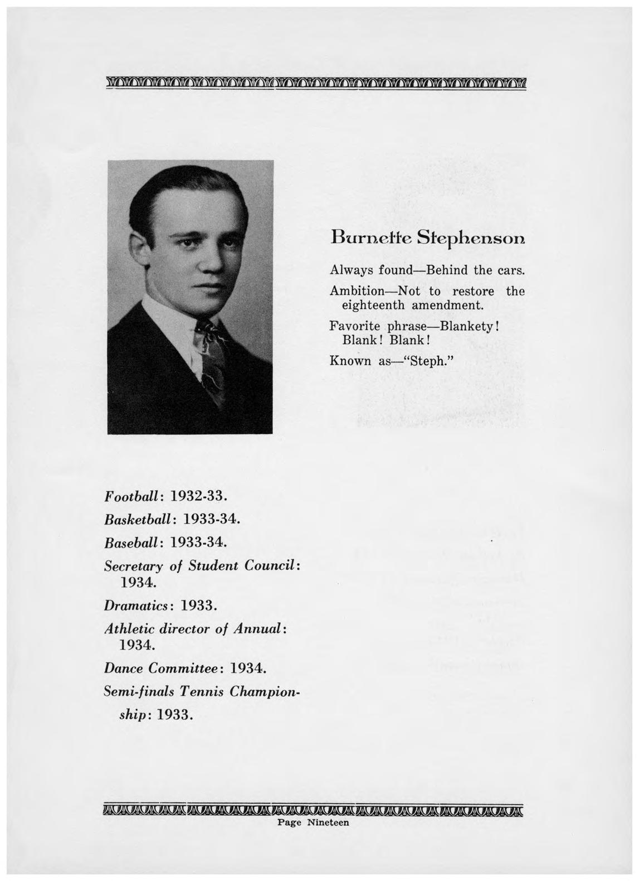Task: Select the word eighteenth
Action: pos(373,306)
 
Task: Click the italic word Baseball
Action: pos(133,541)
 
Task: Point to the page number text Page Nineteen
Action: pos(313,822)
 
